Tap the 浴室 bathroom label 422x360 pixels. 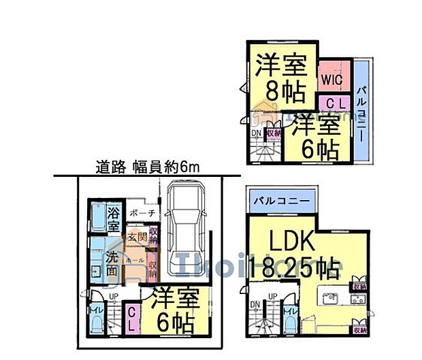point(113,219)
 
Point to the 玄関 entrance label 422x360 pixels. point(136,238)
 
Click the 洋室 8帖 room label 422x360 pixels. point(281,80)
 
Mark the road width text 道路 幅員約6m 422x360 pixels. point(141,167)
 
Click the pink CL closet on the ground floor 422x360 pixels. point(131,318)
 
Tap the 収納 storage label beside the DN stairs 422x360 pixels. point(272,133)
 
